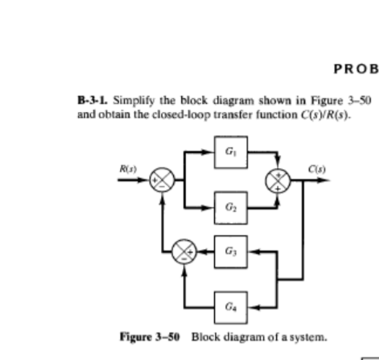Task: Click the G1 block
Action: pos(231,151)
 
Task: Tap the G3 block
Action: pos(231,248)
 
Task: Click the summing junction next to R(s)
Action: pos(164,182)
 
